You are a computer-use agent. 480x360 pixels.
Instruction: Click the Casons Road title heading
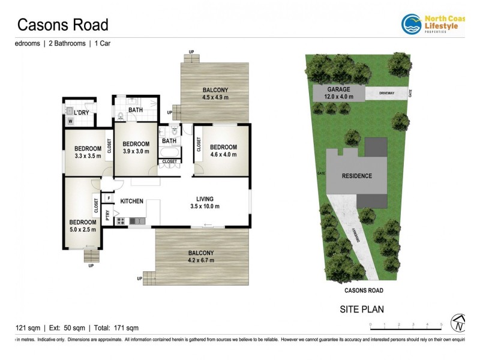(62, 25)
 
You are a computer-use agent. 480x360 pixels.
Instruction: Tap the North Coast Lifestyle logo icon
(411, 24)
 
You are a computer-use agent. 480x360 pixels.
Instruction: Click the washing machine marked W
(70, 121)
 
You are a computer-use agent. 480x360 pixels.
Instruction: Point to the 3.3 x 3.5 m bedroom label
(88, 152)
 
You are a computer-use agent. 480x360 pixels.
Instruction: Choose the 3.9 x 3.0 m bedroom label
(136, 148)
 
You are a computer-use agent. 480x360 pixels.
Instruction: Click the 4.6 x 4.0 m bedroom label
(223, 151)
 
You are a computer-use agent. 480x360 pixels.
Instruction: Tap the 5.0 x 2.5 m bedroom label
(83, 225)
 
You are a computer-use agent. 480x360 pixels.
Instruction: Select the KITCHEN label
(132, 201)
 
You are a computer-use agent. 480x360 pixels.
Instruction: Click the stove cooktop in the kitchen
(120, 221)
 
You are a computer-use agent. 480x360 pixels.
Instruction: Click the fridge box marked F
(109, 198)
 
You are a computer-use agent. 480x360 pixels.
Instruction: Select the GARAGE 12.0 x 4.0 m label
(339, 92)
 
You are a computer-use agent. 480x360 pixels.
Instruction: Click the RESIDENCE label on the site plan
(357, 176)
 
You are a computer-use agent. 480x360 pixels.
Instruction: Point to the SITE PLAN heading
(362, 310)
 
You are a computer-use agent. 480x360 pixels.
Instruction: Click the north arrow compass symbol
(459, 323)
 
